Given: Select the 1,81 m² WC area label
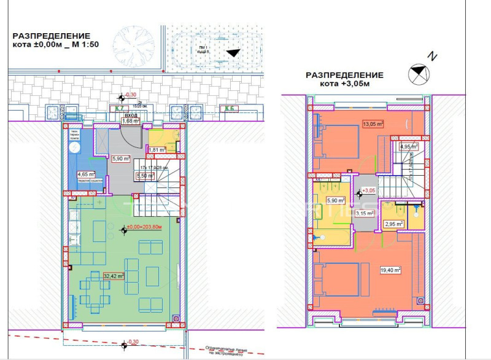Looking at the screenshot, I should [x=157, y=149].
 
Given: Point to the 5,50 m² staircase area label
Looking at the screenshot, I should [x=144, y=176].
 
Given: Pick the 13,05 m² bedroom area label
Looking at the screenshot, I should [x=373, y=123].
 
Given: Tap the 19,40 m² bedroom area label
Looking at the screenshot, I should [x=390, y=269].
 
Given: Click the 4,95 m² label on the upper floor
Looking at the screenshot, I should [x=408, y=146].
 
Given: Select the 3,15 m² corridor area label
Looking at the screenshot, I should [x=366, y=213].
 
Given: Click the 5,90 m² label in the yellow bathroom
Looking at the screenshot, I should [x=335, y=200].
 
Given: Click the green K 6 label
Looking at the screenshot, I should [x=230, y=109].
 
